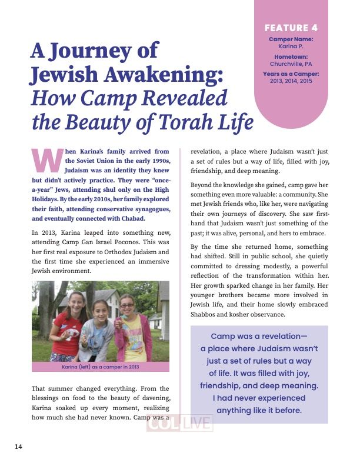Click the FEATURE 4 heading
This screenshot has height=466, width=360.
point(291,28)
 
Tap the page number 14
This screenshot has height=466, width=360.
point(18,447)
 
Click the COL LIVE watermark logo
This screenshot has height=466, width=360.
point(179,424)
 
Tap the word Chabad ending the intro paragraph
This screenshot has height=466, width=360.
point(130,219)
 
